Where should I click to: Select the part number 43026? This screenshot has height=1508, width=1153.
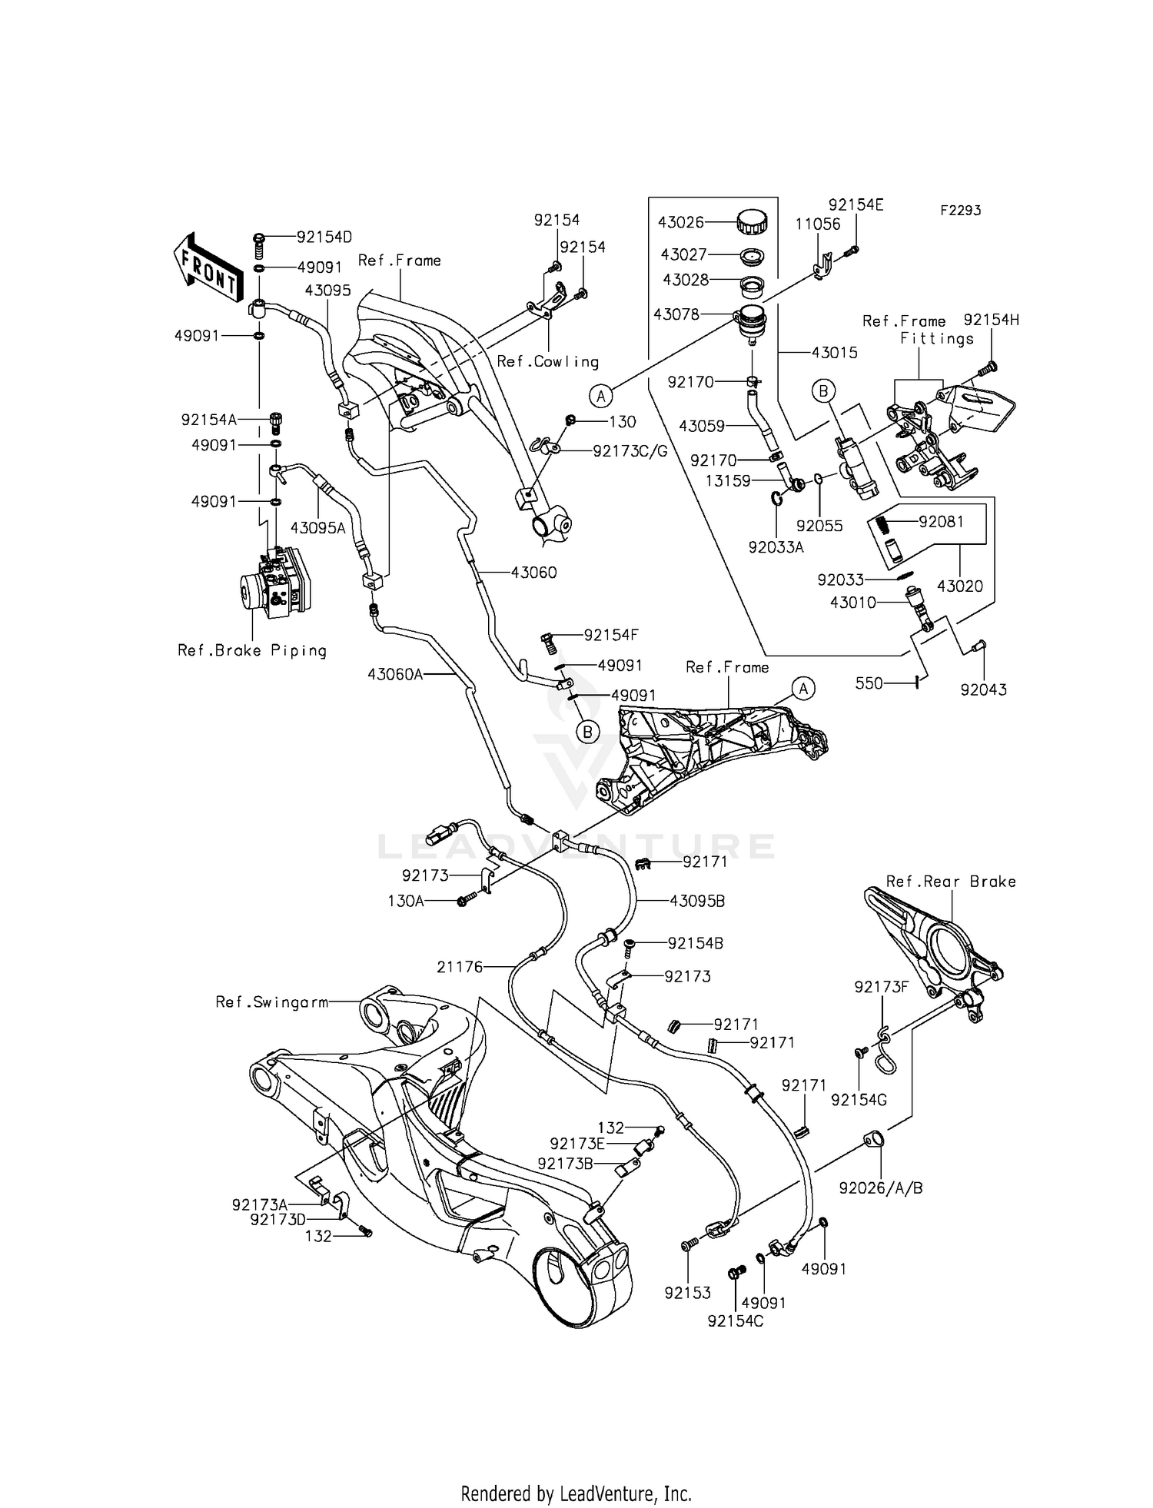(680, 223)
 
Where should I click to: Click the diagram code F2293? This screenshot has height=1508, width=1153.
(960, 211)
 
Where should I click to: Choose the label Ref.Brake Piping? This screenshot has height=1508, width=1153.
(252, 650)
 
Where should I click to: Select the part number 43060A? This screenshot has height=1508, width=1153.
(395, 674)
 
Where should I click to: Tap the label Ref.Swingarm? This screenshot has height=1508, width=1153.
(272, 1002)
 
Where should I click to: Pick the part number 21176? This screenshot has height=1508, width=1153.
(460, 967)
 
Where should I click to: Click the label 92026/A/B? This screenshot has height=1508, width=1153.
(881, 1187)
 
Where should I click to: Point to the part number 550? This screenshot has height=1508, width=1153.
(869, 683)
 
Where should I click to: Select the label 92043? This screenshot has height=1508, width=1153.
(983, 689)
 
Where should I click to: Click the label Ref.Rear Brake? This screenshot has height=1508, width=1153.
(951, 882)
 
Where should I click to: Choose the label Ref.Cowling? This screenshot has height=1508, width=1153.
(547, 361)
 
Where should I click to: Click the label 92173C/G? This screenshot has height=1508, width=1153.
(630, 451)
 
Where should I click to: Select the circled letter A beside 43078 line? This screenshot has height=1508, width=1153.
(601, 396)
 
